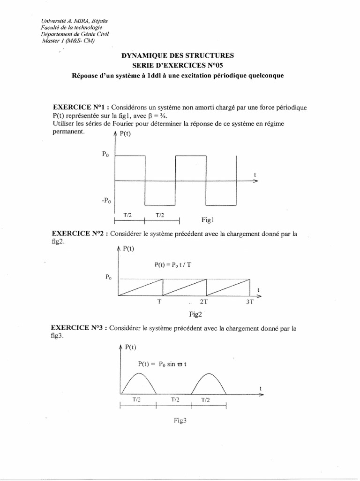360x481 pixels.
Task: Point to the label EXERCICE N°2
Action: (x=78, y=233)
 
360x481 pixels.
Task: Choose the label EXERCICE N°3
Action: (x=78, y=328)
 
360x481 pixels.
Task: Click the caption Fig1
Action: (x=207, y=220)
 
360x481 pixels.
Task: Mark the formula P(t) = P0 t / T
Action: (x=173, y=264)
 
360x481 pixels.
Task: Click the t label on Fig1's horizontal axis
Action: (x=255, y=175)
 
